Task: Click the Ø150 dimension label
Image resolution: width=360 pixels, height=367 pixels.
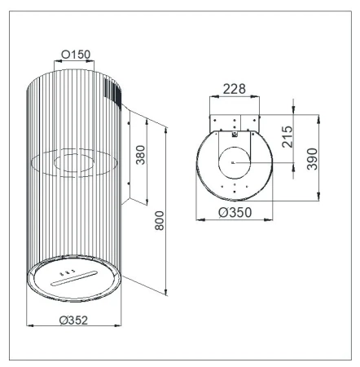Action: [76, 55]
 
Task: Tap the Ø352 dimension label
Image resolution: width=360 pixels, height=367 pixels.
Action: [73, 321]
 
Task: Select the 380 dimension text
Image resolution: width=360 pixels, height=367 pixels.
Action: [141, 155]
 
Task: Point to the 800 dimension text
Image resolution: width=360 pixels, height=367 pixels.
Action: [160, 220]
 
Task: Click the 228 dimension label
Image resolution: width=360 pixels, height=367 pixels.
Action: [235, 89]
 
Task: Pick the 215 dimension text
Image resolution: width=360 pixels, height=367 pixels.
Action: [288, 137]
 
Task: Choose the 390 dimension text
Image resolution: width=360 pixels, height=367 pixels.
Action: [312, 159]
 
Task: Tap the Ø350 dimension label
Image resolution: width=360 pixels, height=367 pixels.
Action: [235, 212]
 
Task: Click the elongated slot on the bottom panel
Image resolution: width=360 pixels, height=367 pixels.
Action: [74, 278]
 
